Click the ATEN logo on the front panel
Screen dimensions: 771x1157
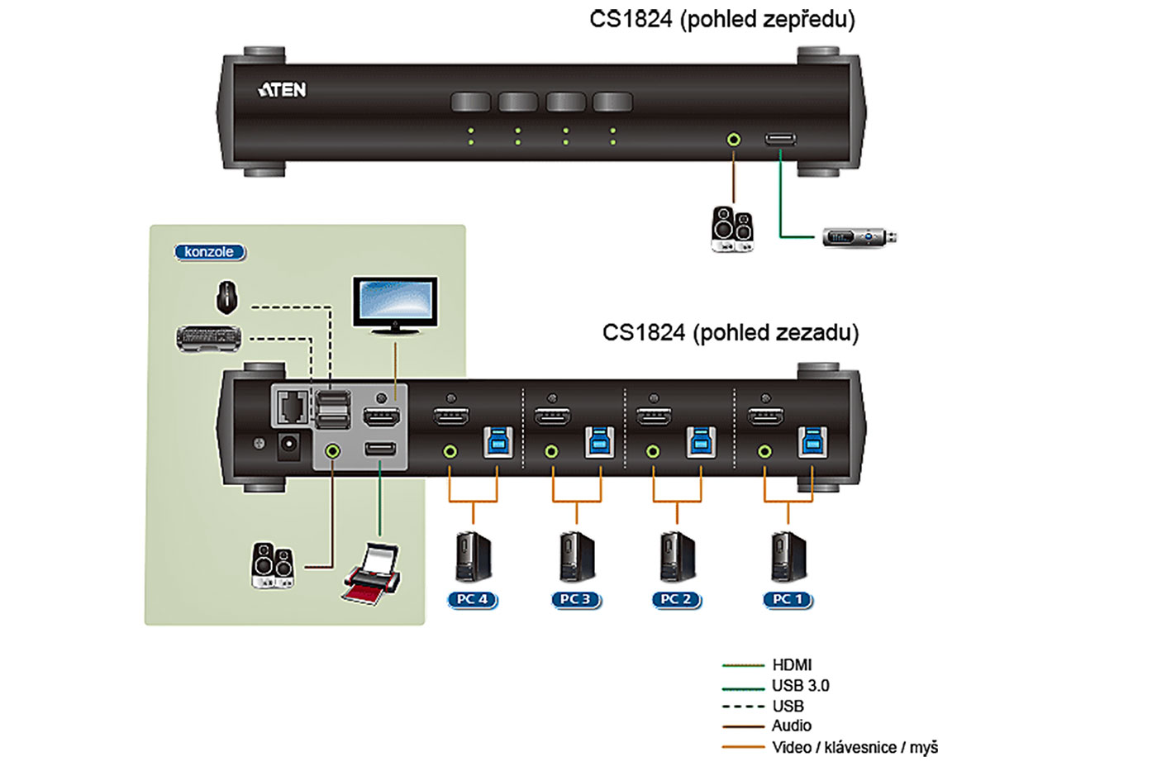click(282, 89)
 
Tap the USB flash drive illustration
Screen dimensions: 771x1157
click(859, 237)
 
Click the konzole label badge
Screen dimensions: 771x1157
click(210, 252)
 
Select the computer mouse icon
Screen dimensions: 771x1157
click(226, 297)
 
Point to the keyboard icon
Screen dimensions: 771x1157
click(209, 338)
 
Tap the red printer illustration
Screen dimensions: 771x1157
click(373, 573)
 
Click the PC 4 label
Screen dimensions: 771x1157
click(473, 599)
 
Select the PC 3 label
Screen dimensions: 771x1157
click(575, 599)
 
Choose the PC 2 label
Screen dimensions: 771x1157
click(676, 599)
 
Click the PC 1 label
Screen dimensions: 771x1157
click(788, 599)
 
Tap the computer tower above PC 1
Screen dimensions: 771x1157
click(788, 557)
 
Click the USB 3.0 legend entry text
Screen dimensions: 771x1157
click(800, 685)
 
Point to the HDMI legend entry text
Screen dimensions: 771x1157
click(792, 664)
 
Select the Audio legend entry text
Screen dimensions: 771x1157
click(791, 726)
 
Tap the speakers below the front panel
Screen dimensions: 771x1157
click(732, 229)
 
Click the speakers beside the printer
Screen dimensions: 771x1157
click(273, 565)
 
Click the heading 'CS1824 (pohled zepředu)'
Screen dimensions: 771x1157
click(721, 19)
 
